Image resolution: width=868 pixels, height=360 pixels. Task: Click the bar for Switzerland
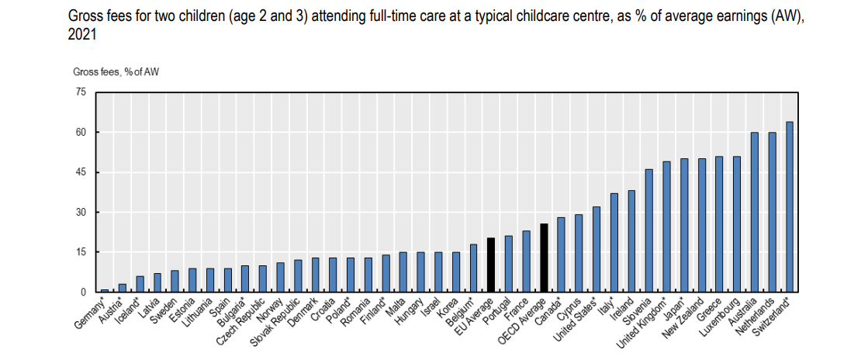pyautogui.click(x=789, y=206)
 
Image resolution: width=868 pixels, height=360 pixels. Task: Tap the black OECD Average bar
pyautogui.click(x=544, y=258)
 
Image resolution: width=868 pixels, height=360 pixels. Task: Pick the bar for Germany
pyautogui.click(x=104, y=290)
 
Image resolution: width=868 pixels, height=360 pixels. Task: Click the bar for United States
pyautogui.click(x=597, y=249)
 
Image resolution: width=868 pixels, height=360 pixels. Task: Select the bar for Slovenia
pyautogui.click(x=648, y=230)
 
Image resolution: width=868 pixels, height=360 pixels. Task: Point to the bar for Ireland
pyautogui.click(x=631, y=241)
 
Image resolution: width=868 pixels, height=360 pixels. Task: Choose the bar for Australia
pyautogui.click(x=754, y=212)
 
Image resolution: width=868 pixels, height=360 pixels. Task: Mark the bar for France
pyautogui.click(x=526, y=261)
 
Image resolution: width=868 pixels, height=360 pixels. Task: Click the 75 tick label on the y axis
pyautogui.click(x=81, y=92)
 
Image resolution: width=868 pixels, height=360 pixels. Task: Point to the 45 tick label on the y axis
pyautogui.click(x=81, y=172)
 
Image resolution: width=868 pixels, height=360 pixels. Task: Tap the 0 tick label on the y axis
pyautogui.click(x=84, y=292)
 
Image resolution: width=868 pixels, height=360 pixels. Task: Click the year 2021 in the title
pyautogui.click(x=80, y=33)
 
